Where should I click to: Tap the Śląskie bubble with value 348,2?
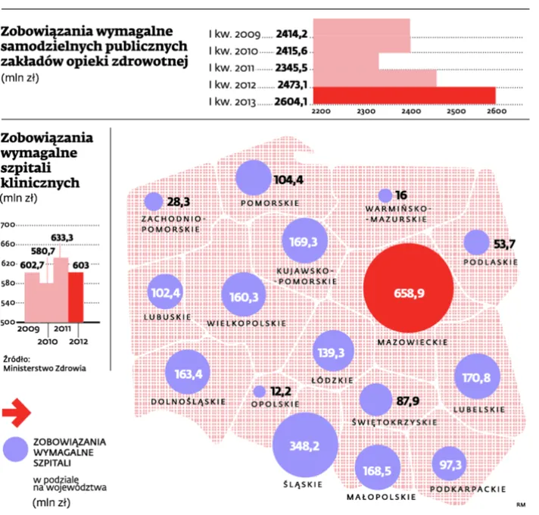(305, 445)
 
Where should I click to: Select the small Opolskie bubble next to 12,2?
(259, 392)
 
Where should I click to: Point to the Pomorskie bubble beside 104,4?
(254, 179)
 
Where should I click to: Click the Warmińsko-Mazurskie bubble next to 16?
(385, 195)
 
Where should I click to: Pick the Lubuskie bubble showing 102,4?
(167, 292)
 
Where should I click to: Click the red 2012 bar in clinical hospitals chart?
(78, 297)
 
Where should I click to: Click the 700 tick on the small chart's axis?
(9, 225)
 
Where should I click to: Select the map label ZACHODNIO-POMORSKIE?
(172, 222)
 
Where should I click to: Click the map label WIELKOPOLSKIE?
(246, 323)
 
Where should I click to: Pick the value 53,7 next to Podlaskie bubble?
(503, 243)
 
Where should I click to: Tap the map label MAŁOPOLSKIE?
(381, 497)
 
